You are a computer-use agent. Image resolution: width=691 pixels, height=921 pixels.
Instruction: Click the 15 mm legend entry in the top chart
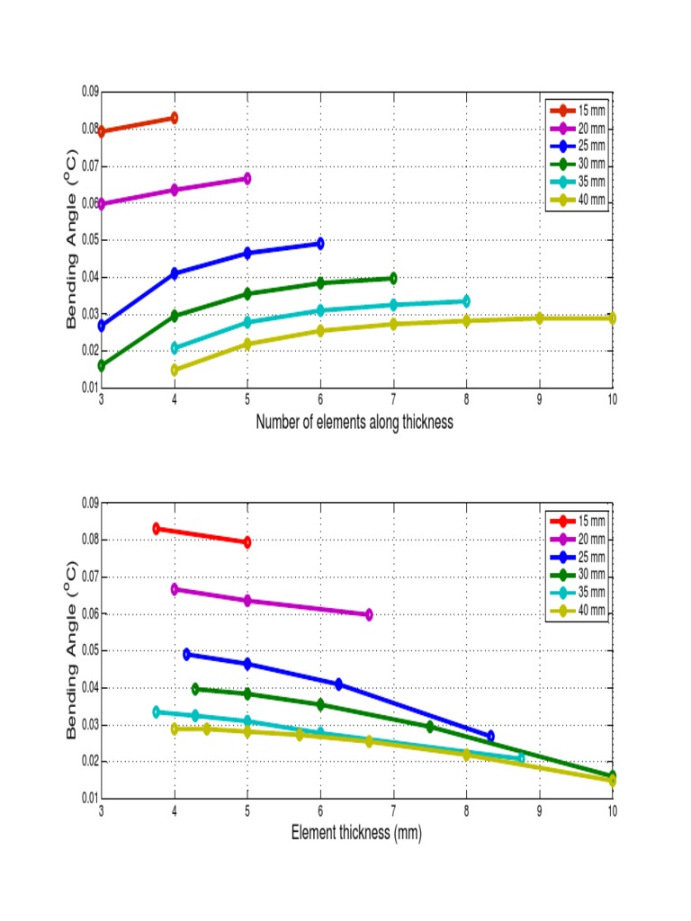[578, 111]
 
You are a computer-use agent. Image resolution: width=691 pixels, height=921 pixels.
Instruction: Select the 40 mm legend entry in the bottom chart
[578, 612]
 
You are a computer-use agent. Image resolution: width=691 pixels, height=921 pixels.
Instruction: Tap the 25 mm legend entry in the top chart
[578, 146]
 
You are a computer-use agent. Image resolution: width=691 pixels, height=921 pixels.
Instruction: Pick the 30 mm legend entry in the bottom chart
[578, 576]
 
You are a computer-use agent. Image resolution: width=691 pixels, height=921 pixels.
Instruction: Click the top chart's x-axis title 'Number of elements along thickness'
[354, 422]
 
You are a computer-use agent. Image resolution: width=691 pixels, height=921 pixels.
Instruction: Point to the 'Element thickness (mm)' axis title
[356, 833]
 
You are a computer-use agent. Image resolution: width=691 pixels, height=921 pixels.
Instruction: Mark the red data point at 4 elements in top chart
[174, 118]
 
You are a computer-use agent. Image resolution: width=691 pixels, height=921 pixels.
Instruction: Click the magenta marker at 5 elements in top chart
[247, 179]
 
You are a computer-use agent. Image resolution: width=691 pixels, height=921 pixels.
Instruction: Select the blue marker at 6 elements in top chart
[319, 244]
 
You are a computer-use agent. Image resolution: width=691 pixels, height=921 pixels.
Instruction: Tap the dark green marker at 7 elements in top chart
[392, 279]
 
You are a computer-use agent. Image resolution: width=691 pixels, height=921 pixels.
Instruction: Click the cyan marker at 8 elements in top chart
[465, 301]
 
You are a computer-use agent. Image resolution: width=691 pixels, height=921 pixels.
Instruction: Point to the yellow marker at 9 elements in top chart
[539, 318]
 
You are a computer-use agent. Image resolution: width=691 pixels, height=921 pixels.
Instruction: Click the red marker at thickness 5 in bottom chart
[247, 542]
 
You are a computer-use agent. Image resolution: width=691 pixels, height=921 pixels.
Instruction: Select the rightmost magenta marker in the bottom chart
[368, 615]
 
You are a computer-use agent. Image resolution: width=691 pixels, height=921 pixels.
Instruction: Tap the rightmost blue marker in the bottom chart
[490, 737]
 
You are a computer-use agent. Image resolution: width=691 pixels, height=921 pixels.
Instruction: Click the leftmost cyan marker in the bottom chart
[156, 711]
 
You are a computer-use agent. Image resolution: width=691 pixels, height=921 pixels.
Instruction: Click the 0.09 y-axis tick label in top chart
[88, 92]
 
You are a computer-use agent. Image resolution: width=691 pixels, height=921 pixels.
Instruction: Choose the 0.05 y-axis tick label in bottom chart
[88, 650]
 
